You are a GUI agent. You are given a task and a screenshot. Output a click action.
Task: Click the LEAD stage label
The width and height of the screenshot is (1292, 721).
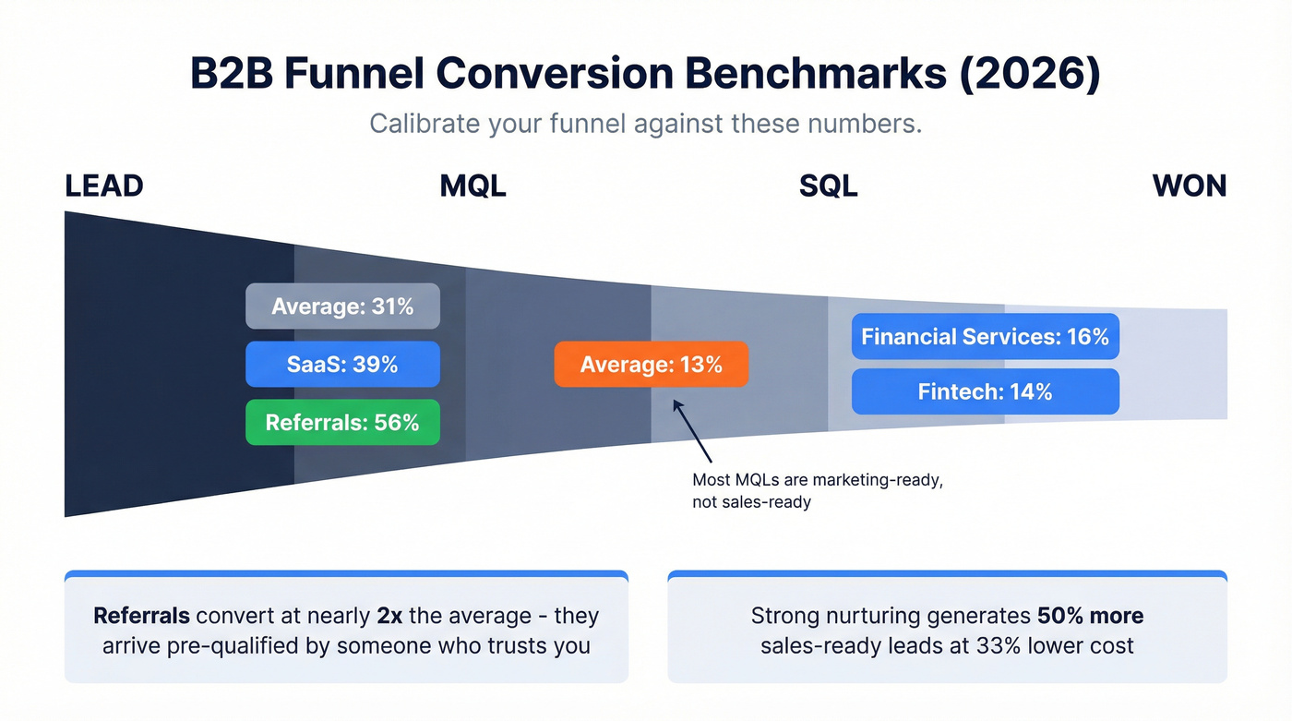[104, 186]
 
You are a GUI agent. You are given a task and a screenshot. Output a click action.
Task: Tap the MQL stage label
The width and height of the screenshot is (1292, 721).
[473, 186]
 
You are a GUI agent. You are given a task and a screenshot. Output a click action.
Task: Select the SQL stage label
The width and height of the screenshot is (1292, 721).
[828, 186]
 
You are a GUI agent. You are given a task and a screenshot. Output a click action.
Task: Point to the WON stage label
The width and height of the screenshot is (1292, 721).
[1190, 186]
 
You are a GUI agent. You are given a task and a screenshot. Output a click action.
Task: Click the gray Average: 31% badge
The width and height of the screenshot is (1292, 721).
[342, 306]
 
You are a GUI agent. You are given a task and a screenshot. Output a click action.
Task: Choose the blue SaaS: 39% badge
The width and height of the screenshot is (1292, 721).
[342, 364]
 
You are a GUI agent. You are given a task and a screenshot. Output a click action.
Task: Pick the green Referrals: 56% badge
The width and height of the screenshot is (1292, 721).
[342, 422]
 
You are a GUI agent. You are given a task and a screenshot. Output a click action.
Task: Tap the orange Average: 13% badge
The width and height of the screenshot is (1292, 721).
[651, 364]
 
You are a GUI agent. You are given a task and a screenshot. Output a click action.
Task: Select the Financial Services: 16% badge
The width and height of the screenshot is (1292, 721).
[985, 336]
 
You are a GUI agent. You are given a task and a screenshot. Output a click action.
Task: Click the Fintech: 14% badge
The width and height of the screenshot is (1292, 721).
[985, 391]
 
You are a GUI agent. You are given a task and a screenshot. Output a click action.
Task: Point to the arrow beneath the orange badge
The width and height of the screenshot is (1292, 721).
[693, 430]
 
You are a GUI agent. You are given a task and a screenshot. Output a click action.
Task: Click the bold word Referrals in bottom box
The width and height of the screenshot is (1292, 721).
[142, 616]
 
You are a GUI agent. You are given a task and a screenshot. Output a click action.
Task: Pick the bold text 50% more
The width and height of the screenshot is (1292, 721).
[1090, 616]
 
